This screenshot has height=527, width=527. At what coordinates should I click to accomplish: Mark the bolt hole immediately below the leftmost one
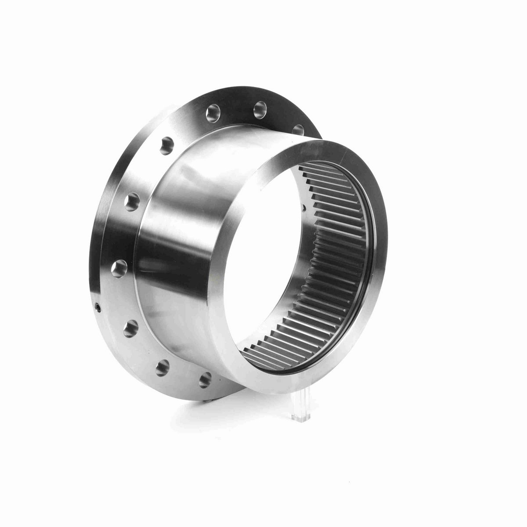pos(130,328)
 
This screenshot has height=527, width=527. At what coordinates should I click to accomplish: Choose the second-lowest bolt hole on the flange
pos(162,365)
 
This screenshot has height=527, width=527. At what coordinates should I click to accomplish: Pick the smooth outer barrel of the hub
pos(184,246)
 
